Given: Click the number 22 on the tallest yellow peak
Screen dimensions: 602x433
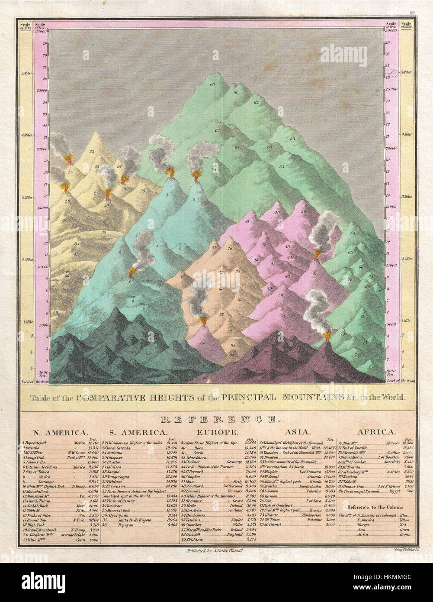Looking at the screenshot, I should click(x=92, y=152).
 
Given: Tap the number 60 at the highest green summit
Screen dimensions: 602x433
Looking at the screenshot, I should click(x=212, y=84).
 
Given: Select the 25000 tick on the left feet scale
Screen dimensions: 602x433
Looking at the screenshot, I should click(x=42, y=91).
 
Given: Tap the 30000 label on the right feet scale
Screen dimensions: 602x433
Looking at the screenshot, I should click(x=391, y=30).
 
